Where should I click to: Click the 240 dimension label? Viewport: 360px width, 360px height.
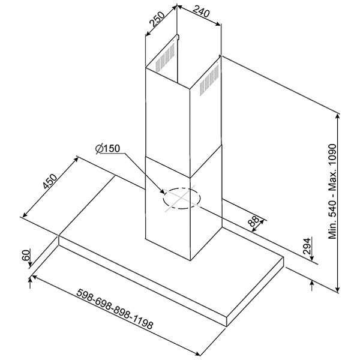click(201, 12)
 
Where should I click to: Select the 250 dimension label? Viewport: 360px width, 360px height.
click(157, 19)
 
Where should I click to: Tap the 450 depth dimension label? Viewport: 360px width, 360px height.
click(50, 181)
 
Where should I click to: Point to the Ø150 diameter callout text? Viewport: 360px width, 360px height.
click(107, 149)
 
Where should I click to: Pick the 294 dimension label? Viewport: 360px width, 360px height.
click(307, 246)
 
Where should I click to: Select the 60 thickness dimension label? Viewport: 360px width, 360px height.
click(26, 255)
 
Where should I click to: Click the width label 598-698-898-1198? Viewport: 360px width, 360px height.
click(115, 309)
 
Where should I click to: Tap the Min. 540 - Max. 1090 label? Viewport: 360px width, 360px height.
click(332, 191)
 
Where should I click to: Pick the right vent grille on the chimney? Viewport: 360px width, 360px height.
click(209, 80)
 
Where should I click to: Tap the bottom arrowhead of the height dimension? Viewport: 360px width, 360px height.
click(337, 289)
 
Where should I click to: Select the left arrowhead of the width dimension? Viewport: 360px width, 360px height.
click(35, 277)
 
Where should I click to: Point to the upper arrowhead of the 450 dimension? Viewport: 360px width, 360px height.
click(76, 160)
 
